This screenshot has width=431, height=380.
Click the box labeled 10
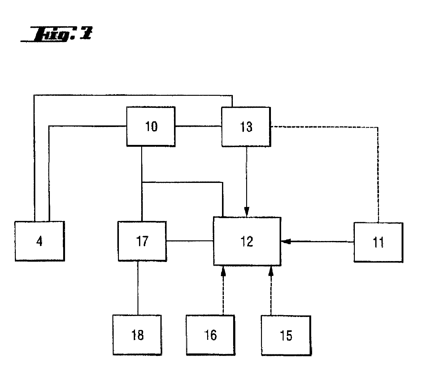tap(151, 126)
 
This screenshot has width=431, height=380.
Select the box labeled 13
tap(246, 127)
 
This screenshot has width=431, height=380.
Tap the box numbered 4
tap(39, 241)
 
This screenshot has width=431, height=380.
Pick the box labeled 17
tap(142, 241)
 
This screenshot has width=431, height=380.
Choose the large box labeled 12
tap(247, 241)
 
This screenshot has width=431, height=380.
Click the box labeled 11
tap(378, 242)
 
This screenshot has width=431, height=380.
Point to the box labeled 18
tap(137, 335)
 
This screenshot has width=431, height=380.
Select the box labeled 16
tap(210, 335)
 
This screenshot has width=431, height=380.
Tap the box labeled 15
tap(286, 336)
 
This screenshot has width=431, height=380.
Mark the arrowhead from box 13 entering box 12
tap(247, 213)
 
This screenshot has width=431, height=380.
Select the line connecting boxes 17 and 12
tap(189, 241)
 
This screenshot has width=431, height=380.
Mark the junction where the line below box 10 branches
tap(142, 183)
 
